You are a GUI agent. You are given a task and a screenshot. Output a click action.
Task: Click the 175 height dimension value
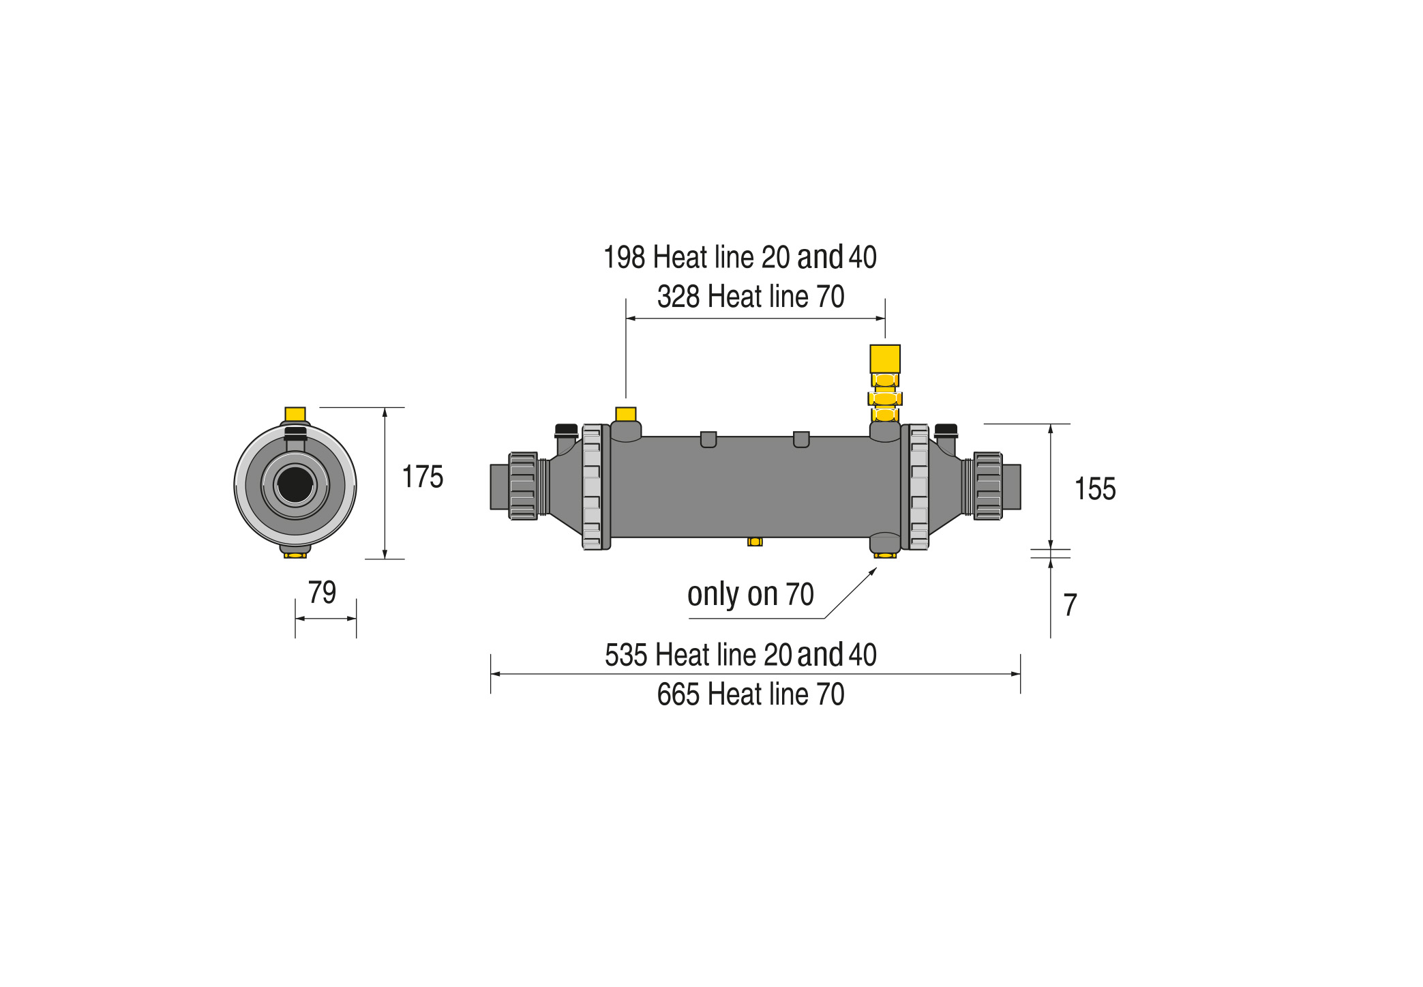click(x=423, y=477)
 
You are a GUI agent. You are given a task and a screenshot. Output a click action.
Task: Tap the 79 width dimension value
click(x=322, y=592)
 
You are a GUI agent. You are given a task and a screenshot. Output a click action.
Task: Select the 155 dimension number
click(x=1095, y=489)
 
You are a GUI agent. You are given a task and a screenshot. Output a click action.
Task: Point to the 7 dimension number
click(x=1070, y=605)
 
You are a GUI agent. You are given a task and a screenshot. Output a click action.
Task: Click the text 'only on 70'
click(x=751, y=595)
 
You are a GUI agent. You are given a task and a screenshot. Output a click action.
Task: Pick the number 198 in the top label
click(x=624, y=257)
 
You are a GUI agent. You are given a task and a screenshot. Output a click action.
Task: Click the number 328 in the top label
click(x=678, y=297)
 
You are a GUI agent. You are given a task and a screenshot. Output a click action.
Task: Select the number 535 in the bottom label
click(x=626, y=655)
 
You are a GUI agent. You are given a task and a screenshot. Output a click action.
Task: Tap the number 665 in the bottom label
click(x=678, y=694)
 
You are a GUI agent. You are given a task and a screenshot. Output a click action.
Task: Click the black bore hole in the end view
click(x=295, y=485)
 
